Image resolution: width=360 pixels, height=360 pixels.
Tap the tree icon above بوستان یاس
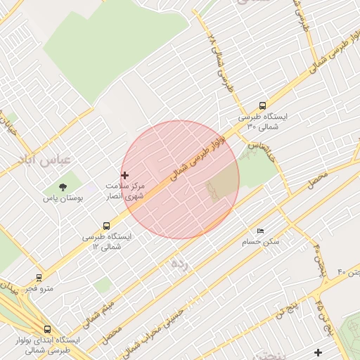[x=63, y=187]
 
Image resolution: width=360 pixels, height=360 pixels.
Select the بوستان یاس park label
[x=63, y=198]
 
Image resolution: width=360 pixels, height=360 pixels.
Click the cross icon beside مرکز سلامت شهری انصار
[x=125, y=175]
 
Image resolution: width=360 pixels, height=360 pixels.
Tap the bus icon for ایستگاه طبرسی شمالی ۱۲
[x=106, y=226]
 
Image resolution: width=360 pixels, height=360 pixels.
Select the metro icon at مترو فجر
[x=38, y=277]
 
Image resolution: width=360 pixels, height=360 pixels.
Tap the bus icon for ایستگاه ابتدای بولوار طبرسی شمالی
[x=47, y=328]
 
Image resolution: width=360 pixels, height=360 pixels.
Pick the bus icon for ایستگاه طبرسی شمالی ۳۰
[x=262, y=105]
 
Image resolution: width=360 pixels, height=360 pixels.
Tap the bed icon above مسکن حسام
[x=260, y=231]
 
